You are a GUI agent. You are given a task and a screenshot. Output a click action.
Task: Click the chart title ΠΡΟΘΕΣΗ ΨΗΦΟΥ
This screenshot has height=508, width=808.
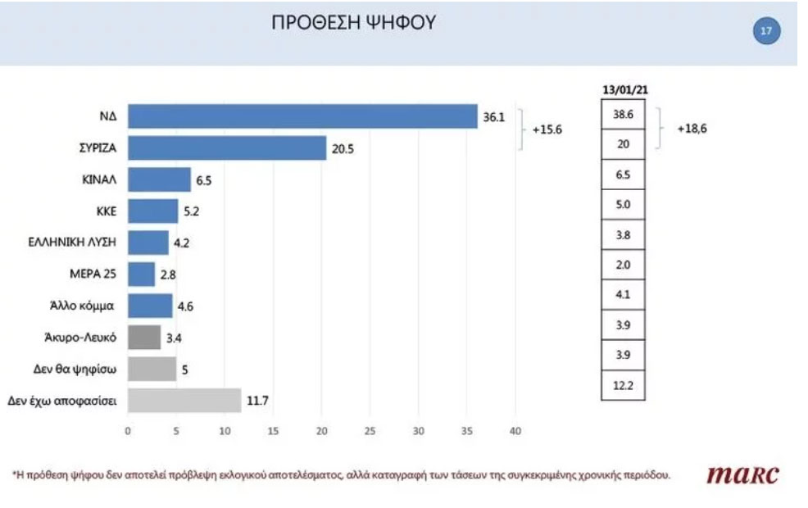354,24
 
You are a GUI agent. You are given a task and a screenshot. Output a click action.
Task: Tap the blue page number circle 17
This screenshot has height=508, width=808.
766,32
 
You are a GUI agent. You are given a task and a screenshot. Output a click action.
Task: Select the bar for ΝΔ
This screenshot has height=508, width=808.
303,116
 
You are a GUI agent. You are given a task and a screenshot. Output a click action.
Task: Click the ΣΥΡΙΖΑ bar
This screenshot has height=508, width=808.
227,147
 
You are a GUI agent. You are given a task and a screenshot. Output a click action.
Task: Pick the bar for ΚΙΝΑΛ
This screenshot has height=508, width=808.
160,179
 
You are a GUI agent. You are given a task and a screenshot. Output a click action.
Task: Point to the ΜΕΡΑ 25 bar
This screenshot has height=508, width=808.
142,274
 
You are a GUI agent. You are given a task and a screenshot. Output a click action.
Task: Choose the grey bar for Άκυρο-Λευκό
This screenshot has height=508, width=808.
144,338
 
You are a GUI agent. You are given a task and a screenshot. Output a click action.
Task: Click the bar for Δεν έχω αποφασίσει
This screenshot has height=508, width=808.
184,401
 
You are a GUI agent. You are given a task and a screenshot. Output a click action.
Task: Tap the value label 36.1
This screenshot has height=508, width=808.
493,117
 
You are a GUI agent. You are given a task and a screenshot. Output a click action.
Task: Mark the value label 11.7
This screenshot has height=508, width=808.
257,401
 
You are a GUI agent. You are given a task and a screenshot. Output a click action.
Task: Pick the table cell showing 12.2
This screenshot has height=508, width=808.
623,387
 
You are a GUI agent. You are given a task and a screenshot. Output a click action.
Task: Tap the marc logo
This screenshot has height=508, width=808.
742,474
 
